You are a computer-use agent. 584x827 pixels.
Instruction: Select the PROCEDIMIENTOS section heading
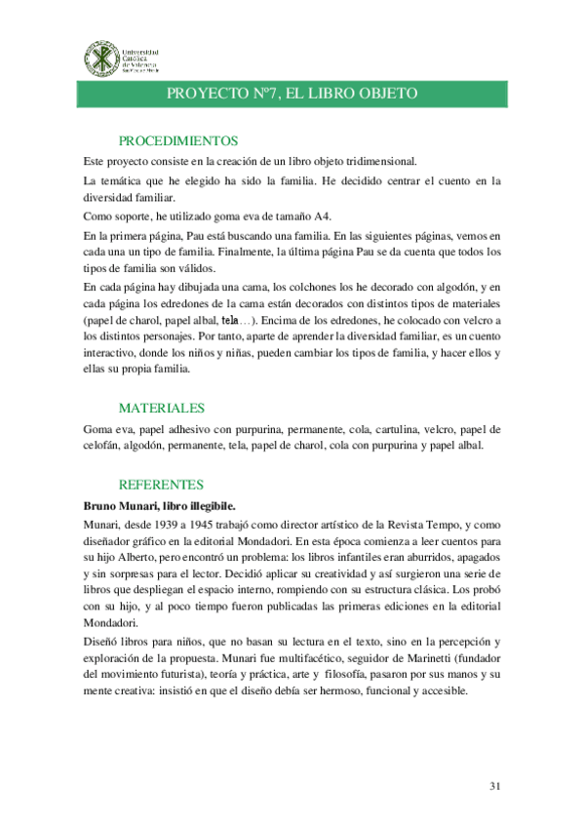click(x=177, y=141)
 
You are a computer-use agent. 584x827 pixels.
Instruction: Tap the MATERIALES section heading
click(x=161, y=409)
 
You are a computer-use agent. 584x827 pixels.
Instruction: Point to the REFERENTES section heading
click(x=161, y=485)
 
